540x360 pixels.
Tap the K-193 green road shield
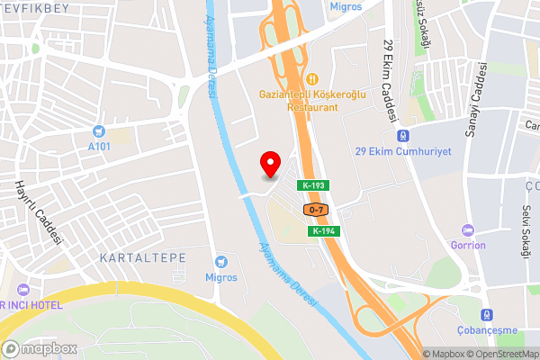(314, 185)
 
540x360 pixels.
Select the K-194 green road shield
(325, 231)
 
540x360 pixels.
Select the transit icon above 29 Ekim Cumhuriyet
(402, 135)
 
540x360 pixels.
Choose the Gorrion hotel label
(468, 245)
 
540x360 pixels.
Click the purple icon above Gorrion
(466, 229)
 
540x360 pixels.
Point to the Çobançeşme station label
(490, 330)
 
